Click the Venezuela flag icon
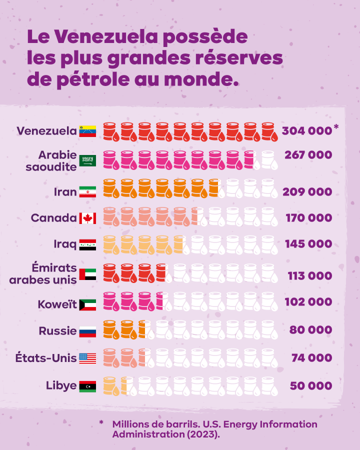pos(87,131)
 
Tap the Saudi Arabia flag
pos(87,160)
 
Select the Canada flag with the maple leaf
pos(87,218)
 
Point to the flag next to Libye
pos(87,386)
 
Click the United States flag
pos(87,358)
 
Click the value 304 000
pos(306,131)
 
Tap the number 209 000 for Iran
pos(307,192)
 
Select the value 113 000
pos(309,276)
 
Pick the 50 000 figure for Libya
pos(310,386)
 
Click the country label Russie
pos(57,331)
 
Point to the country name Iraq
pos(64,244)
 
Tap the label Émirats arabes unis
pos(43,273)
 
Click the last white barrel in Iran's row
pos(269,189)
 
